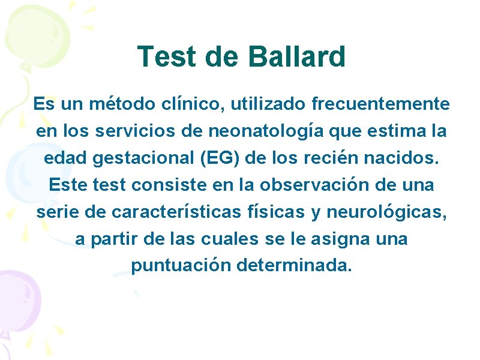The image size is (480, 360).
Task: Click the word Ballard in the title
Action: [296, 57]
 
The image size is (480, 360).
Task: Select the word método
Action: [117, 104]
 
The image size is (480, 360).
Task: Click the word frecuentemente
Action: [380, 104]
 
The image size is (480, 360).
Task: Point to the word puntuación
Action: [181, 266]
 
